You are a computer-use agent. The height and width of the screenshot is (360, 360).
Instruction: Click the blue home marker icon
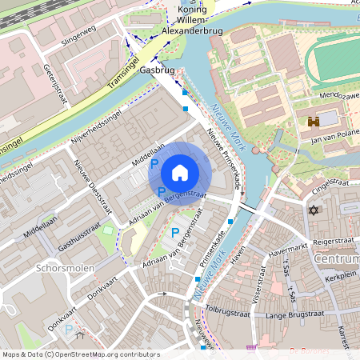click(x=180, y=173)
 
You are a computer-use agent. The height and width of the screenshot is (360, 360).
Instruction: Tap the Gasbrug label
click(x=157, y=70)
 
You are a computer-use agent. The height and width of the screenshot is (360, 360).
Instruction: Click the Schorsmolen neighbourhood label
click(x=65, y=269)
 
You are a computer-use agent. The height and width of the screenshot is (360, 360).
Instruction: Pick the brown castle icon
click(x=314, y=122)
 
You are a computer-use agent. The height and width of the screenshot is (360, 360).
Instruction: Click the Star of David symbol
click(x=314, y=210)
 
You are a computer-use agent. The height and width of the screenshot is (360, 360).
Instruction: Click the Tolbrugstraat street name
click(x=229, y=307)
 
